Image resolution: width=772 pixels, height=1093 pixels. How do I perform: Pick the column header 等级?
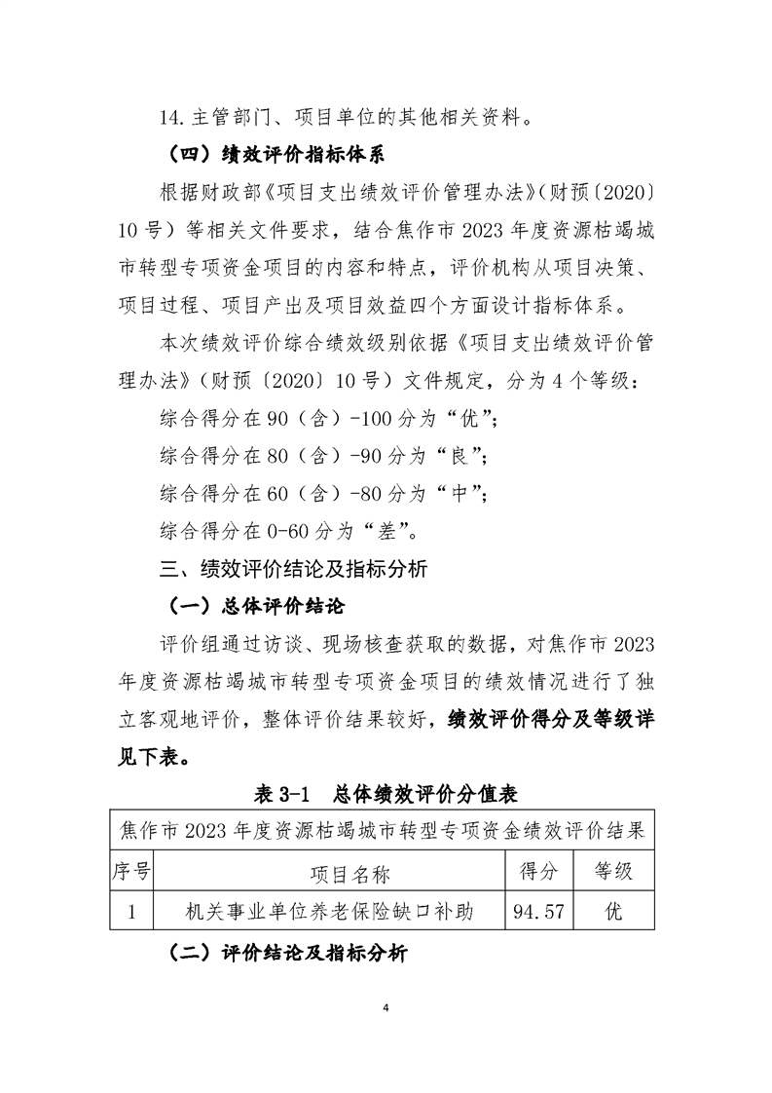click(613, 871)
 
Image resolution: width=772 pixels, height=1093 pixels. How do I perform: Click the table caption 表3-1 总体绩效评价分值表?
click(385, 794)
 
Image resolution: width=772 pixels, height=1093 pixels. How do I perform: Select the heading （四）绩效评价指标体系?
click(261, 155)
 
